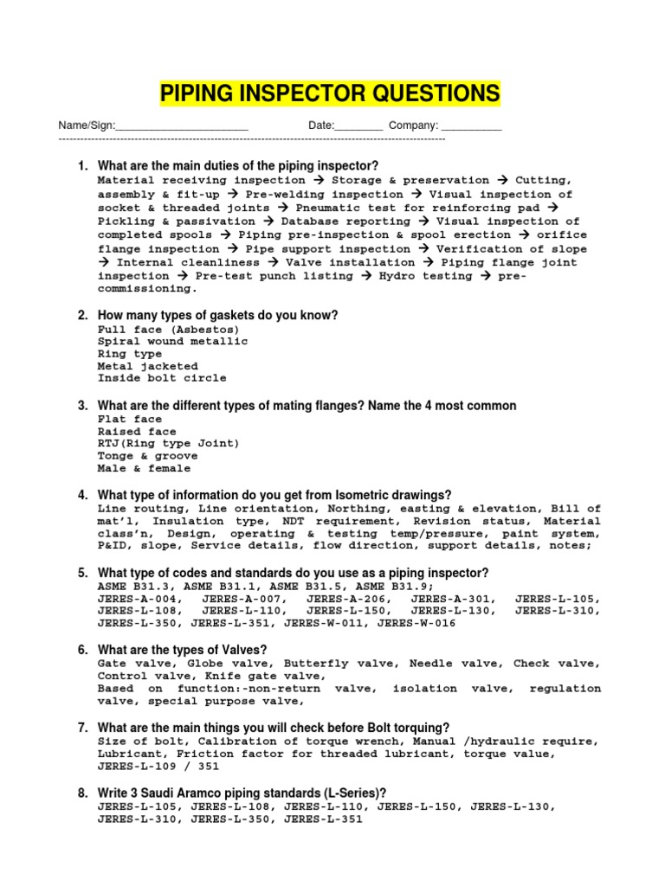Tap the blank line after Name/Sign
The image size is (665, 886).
click(x=182, y=128)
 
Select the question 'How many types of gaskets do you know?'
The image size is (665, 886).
click(x=217, y=315)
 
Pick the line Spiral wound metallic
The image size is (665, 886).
click(x=172, y=342)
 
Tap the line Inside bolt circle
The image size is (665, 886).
click(x=162, y=378)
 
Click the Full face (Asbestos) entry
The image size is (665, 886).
click(x=169, y=330)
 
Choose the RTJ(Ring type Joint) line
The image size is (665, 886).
click(x=169, y=444)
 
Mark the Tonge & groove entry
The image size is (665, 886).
click(x=147, y=456)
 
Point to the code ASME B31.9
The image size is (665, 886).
click(x=378, y=586)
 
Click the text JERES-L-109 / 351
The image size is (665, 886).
click(x=158, y=766)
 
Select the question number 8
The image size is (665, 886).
click(x=82, y=793)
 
